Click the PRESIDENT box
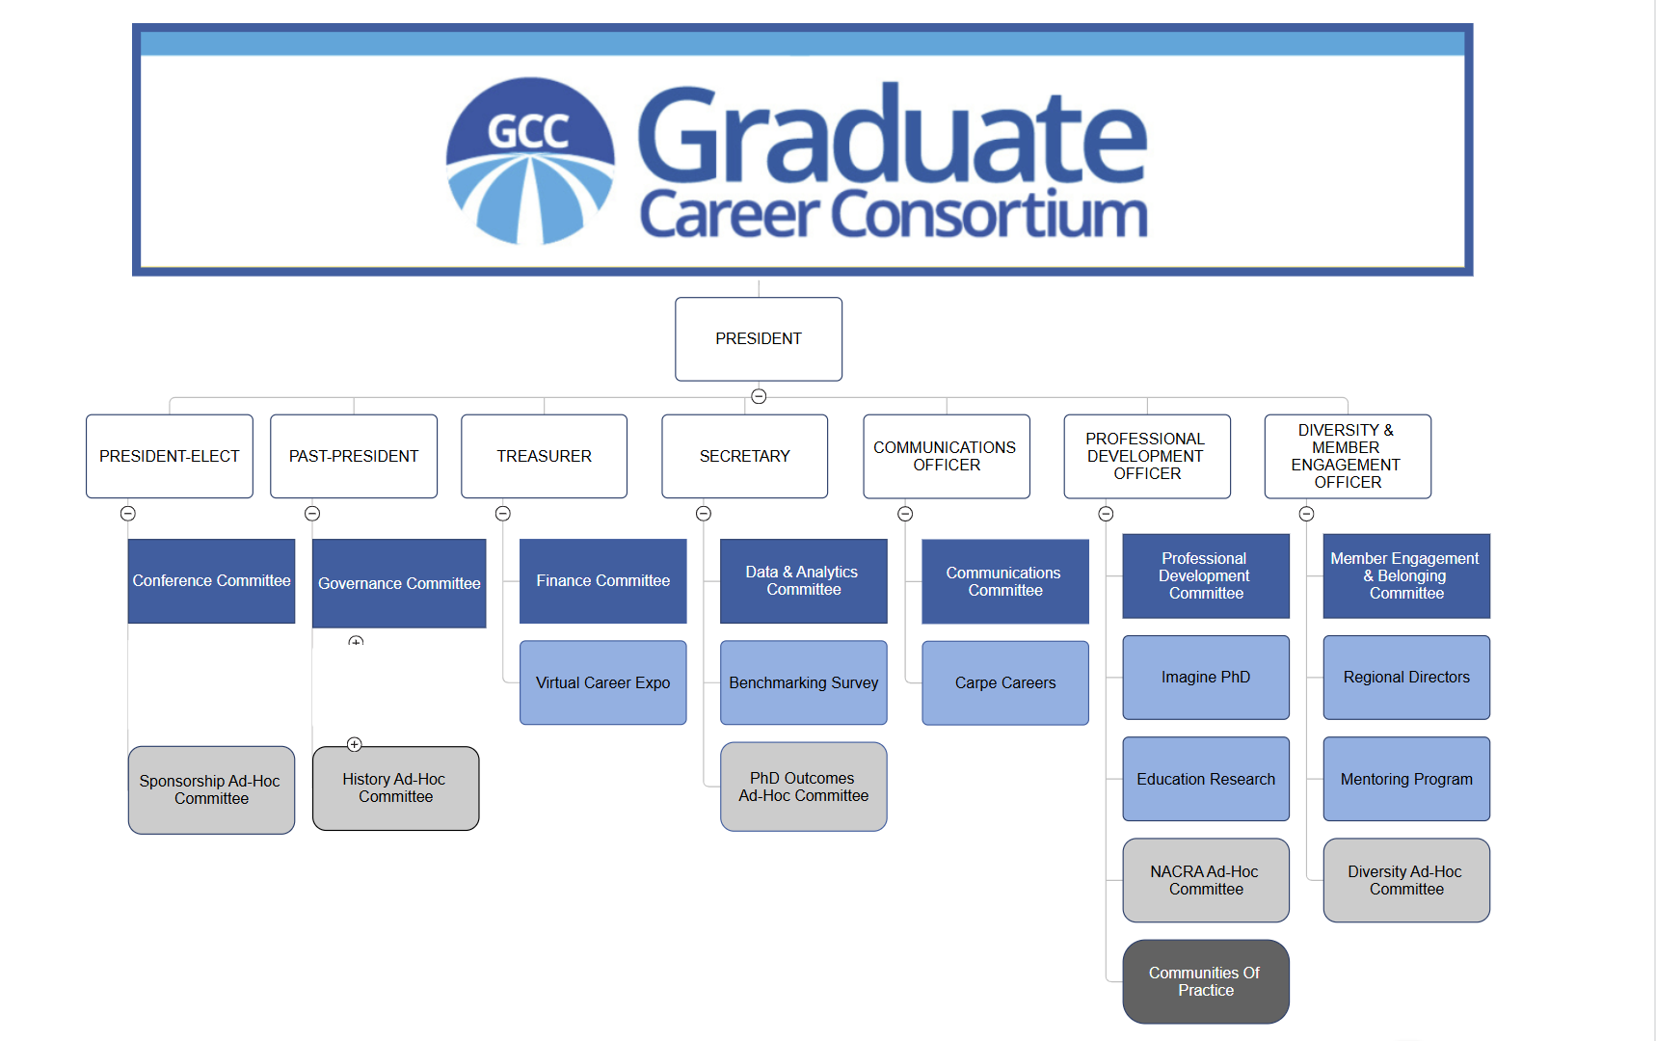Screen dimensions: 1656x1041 (759, 339)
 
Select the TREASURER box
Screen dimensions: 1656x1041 (545, 456)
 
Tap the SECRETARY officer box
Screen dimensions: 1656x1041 (745, 456)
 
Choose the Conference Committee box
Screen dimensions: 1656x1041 (212, 581)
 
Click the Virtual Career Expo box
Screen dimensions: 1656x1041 (603, 682)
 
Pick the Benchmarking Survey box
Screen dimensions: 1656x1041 (804, 682)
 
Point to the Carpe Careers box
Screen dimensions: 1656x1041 (1005, 682)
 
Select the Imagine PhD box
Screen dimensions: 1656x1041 (1206, 678)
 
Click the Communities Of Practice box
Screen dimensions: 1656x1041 (1206, 982)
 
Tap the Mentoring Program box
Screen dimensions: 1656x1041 (1407, 779)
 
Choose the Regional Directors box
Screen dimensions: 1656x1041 (1407, 678)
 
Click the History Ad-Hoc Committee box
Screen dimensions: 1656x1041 (396, 788)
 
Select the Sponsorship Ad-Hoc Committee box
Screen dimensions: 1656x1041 (212, 790)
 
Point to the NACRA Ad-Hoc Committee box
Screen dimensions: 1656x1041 (1206, 881)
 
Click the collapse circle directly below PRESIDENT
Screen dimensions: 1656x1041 (759, 396)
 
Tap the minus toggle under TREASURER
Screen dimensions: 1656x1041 (503, 514)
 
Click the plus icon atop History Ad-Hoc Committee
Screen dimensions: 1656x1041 (355, 744)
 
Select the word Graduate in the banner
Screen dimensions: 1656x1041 (893, 135)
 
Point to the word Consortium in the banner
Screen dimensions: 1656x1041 (990, 214)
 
